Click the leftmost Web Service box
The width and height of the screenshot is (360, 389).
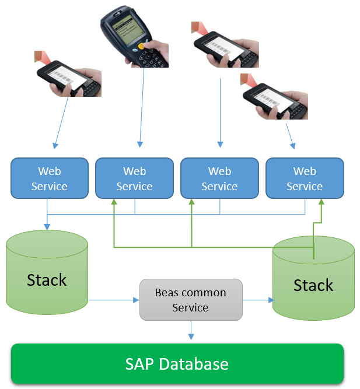pyautogui.click(x=50, y=178)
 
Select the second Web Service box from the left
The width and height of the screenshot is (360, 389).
pyautogui.click(x=134, y=178)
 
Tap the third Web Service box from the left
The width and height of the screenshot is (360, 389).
pyautogui.click(x=219, y=178)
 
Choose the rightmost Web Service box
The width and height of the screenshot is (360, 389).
pyautogui.click(x=305, y=178)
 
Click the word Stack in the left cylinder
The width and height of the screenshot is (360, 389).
pyautogui.click(x=47, y=280)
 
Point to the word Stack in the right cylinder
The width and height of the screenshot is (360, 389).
pyautogui.click(x=313, y=285)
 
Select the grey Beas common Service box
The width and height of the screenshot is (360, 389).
pyautogui.click(x=190, y=299)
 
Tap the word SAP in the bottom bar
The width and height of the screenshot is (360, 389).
pyautogui.click(x=140, y=365)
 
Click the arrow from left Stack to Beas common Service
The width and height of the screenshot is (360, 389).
pyautogui.click(x=114, y=300)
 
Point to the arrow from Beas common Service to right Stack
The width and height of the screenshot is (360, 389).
pyautogui.click(x=257, y=300)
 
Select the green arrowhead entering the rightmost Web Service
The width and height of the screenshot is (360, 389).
pyautogui.click(x=321, y=202)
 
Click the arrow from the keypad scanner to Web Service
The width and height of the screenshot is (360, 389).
pyautogui.click(x=141, y=105)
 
